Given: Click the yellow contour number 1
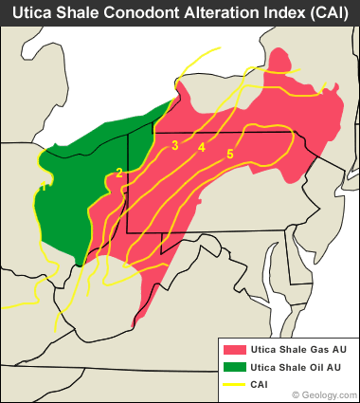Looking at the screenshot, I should (44, 188).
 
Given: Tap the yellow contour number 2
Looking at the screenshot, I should (119, 172).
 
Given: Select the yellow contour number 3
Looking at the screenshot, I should (175, 145).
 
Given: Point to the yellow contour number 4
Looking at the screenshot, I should (202, 147).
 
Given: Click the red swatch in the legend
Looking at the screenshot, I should (235, 350).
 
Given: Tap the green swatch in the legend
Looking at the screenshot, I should (235, 367).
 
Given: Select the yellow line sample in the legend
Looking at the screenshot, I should (235, 384).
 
